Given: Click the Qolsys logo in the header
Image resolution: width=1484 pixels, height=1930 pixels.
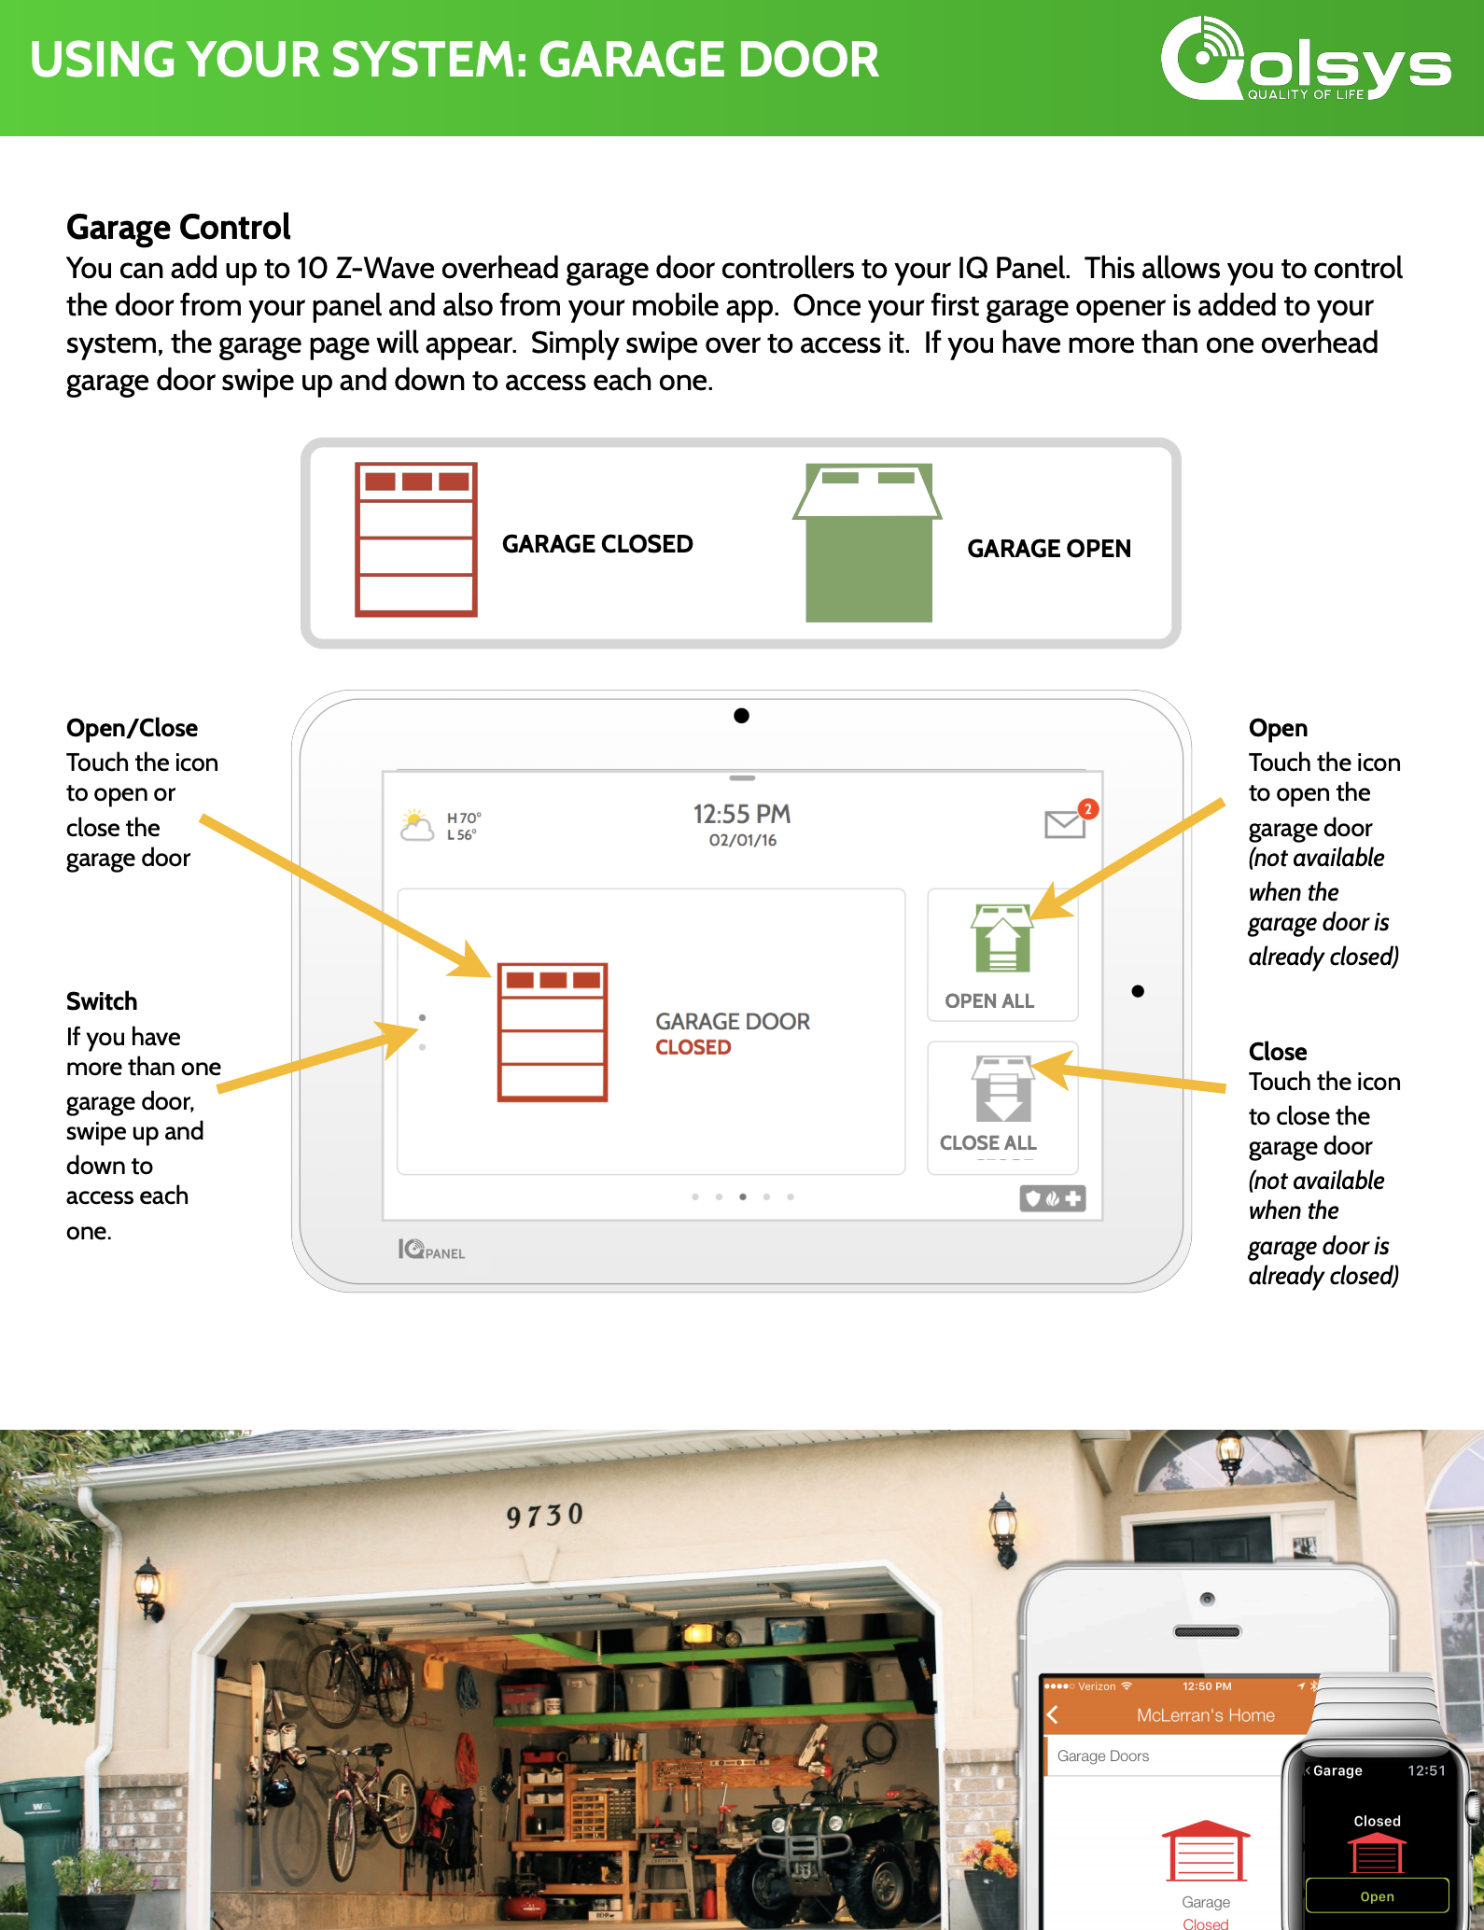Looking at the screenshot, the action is point(1306,58).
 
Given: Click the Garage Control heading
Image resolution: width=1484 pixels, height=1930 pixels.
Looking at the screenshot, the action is point(178,228).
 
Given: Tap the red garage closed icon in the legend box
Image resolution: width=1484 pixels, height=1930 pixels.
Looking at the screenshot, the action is point(416,539).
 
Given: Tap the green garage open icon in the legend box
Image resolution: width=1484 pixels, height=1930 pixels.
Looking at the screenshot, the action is point(867,542).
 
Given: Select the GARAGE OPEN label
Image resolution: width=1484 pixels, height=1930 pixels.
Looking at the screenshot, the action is point(1049,549).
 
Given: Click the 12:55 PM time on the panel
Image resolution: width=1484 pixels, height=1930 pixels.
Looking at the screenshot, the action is point(742,815).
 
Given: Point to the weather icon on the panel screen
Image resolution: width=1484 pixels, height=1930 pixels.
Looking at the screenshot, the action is point(416,825).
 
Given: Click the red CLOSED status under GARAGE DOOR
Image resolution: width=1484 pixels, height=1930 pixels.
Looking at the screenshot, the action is point(693,1047).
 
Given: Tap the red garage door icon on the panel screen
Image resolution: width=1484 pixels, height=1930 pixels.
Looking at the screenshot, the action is point(553,1032).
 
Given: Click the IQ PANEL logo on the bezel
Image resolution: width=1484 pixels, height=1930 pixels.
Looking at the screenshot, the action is point(431,1250).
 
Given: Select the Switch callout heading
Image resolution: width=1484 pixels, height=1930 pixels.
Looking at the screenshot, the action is point(102,1001).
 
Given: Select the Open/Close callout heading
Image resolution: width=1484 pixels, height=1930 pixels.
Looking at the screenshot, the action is point(132,728).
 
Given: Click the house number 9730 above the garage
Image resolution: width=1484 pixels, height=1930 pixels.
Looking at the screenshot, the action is point(545,1515).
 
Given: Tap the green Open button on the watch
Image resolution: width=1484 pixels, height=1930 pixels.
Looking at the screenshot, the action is point(1377,1895).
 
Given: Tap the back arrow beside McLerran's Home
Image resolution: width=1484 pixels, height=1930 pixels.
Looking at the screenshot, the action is point(1053,1714).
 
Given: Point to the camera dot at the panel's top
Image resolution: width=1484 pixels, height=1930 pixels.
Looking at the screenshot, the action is point(741,716).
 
